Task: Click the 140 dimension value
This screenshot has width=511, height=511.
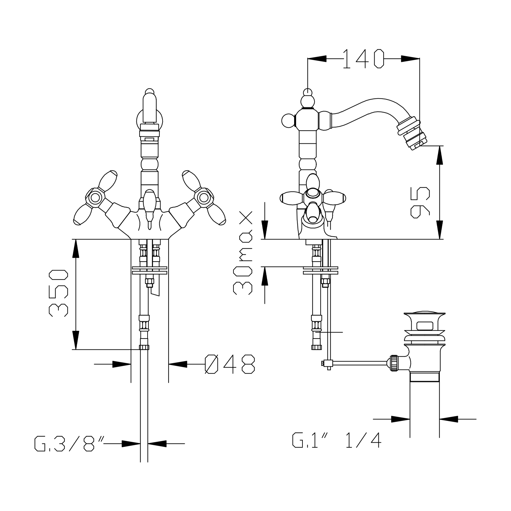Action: pos(363,59)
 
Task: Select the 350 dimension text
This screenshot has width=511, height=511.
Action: pos(58,293)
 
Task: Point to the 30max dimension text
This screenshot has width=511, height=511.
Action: pos(243,253)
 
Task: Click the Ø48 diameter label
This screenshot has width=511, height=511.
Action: pos(230,364)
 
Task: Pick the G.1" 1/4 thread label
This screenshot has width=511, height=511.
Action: pos(337,440)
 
